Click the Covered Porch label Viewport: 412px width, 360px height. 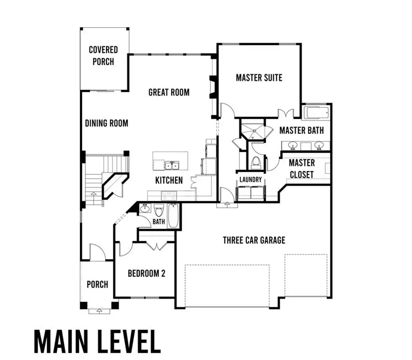[103, 55]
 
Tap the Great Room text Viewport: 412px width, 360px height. [169, 92]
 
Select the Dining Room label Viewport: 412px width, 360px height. [107, 123]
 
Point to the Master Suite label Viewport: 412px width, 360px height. [259, 77]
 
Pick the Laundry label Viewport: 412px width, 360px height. [250, 180]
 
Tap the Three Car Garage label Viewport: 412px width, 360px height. [254, 240]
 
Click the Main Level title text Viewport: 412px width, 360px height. [97, 341]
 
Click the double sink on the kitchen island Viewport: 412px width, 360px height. [171, 165]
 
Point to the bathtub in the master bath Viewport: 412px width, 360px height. [317, 113]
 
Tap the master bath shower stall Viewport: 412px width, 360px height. [253, 130]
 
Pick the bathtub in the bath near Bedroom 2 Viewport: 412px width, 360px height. [173, 216]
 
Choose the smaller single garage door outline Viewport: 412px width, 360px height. [306, 276]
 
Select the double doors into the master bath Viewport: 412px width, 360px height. [286, 114]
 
